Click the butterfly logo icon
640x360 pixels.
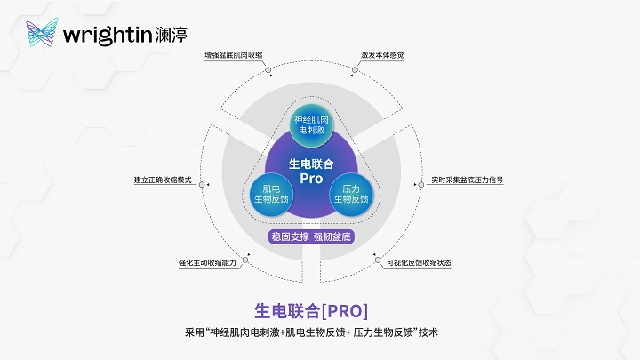(42, 32)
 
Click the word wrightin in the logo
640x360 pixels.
(108, 35)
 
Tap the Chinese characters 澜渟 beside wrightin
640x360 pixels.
(171, 35)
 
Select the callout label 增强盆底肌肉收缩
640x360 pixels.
(234, 55)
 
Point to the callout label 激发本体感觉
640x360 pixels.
(382, 55)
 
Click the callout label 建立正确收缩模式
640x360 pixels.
(163, 180)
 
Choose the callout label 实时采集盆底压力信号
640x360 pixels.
(468, 180)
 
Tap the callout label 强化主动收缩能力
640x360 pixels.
(207, 263)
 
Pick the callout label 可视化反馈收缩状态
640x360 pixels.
(419, 263)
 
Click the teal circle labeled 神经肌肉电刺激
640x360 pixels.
(311, 124)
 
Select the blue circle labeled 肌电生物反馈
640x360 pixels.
(271, 194)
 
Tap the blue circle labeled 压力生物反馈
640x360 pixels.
(351, 194)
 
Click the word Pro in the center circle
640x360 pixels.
(311, 179)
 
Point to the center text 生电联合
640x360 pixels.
(311, 164)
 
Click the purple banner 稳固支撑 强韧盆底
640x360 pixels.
(311, 236)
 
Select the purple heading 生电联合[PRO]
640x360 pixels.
(311, 311)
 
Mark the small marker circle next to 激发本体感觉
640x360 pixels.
(355, 70)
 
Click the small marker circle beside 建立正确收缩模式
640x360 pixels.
(202, 185)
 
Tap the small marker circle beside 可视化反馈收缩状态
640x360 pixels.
(378, 260)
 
